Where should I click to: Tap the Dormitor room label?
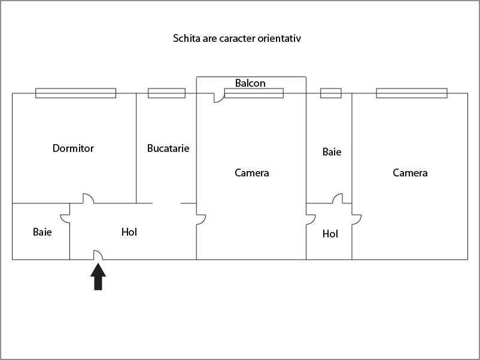pos(73,148)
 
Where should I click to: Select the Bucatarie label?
pos(168,148)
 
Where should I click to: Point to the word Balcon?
pos(250,83)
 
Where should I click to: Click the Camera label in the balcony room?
pos(251,173)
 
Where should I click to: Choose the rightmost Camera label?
pos(410,173)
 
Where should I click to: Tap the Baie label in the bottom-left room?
pos(42,231)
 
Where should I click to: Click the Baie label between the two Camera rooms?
pos(332,152)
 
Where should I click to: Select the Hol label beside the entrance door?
pos(129,231)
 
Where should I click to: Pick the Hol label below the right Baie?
pos(330,234)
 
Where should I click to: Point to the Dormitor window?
pos(75,93)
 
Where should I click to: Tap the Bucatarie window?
pos(166,93)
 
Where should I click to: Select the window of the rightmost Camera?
pos(412,93)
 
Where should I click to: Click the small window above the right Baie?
pos(331,93)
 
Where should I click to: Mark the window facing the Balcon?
pos(254,93)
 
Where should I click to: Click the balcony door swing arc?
pos(218,98)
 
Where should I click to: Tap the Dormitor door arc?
pos(88,198)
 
